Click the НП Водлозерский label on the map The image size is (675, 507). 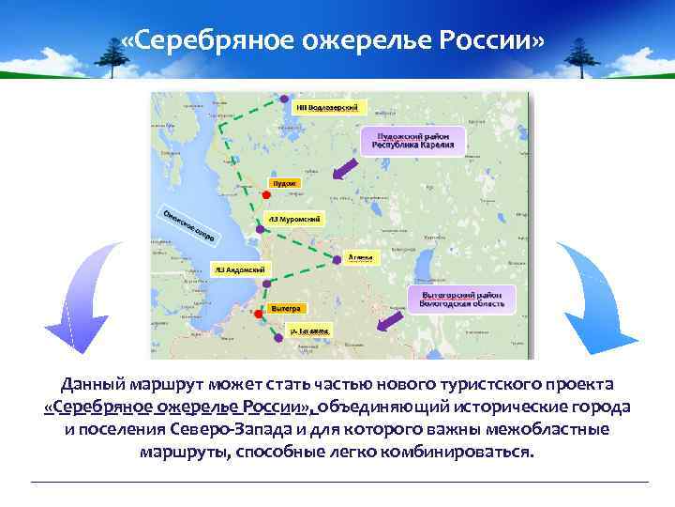pos(331,106)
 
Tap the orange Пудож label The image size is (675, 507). pos(283,182)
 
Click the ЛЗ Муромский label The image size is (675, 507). pos(295,219)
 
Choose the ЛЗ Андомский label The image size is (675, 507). pos(239,269)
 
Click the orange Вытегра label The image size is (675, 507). pos(285,307)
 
